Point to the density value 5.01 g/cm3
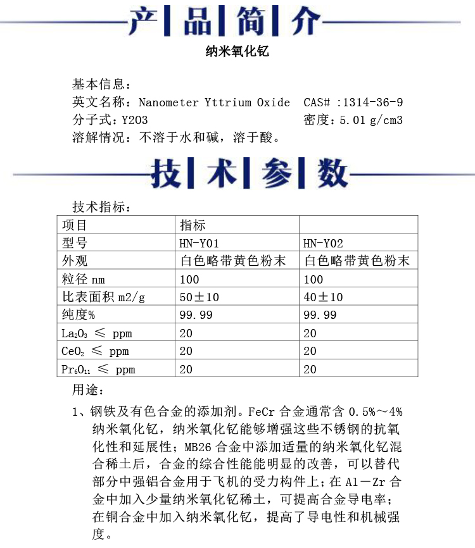pos(371,120)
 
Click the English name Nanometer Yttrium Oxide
pos(214,103)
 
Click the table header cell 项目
pos(75,225)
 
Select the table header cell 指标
pos(193,225)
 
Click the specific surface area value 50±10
pos(199,297)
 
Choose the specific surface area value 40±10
pos(323,297)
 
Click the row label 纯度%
pos(79,315)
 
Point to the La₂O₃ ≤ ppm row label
pos(97,333)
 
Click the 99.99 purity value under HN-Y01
pos(196,315)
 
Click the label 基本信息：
pos(102,85)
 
